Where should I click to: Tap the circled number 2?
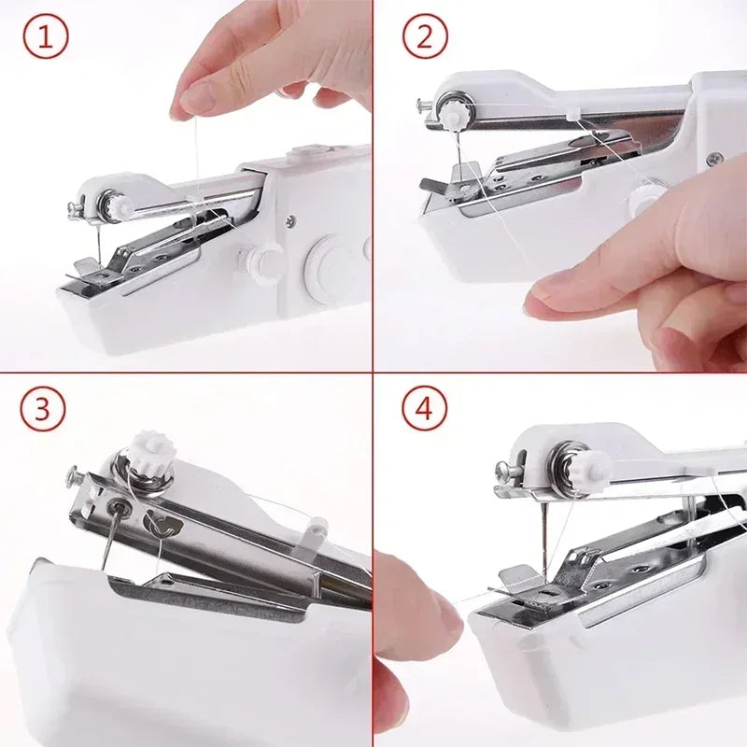click(425, 38)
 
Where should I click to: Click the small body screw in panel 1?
click(291, 221)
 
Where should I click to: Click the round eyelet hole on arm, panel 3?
click(119, 506)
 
